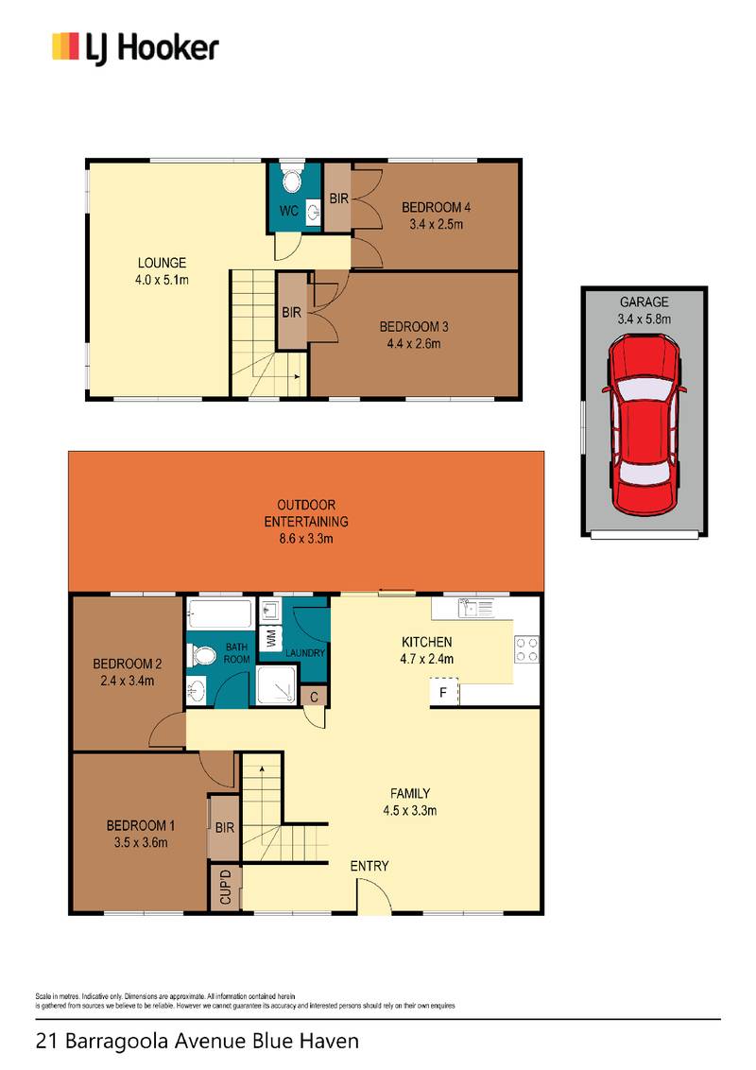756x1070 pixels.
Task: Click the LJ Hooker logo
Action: tap(135, 48)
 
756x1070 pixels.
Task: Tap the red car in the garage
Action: tap(644, 425)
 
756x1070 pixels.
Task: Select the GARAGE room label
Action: tap(644, 302)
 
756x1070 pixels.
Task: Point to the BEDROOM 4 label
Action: tap(436, 207)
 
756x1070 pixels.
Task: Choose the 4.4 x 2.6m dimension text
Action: tap(414, 344)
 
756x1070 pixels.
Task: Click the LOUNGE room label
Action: tap(162, 263)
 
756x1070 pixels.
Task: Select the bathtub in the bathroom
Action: tap(219, 614)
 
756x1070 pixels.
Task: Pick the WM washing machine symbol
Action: tap(271, 639)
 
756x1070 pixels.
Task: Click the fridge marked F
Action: tap(443, 693)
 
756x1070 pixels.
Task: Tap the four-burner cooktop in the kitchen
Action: tap(526, 649)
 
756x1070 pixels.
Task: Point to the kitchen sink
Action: tap(476, 608)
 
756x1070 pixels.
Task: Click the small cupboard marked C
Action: tap(315, 697)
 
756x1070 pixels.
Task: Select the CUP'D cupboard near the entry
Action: tap(225, 887)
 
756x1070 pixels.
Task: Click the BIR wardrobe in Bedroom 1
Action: tap(224, 828)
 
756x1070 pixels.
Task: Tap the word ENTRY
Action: tap(369, 866)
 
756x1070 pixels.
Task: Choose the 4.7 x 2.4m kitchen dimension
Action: tap(426, 659)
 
